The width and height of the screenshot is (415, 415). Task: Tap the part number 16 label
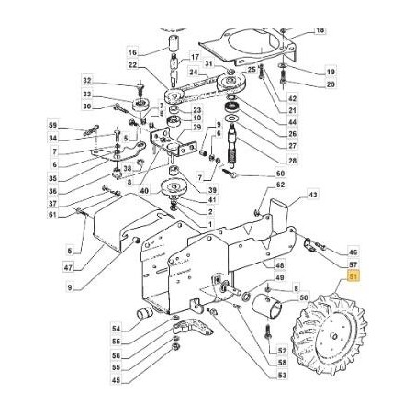point(132,52)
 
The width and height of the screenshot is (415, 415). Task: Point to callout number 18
point(320,30)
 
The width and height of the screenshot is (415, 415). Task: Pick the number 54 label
point(116,327)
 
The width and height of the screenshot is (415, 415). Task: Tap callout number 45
point(116,379)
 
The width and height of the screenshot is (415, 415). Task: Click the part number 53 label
point(282,376)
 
